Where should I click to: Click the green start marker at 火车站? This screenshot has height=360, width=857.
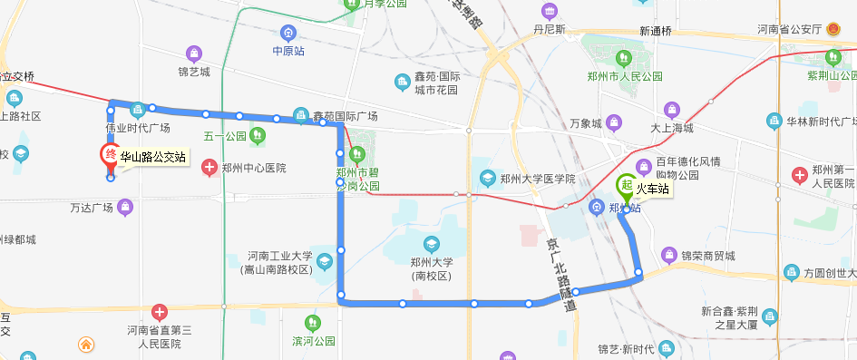(x=626, y=187)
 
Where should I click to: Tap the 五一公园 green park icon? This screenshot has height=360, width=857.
(x=258, y=137)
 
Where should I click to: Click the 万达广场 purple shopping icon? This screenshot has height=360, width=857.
(x=125, y=209)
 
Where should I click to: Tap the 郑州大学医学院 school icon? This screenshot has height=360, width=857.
(x=488, y=179)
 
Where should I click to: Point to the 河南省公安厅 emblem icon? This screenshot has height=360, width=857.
(x=834, y=29)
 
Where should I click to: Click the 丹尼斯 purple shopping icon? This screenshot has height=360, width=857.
(x=549, y=12)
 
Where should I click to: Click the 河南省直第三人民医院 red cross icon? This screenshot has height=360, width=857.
(x=160, y=313)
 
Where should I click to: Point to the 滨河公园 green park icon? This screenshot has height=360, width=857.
(x=313, y=323)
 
